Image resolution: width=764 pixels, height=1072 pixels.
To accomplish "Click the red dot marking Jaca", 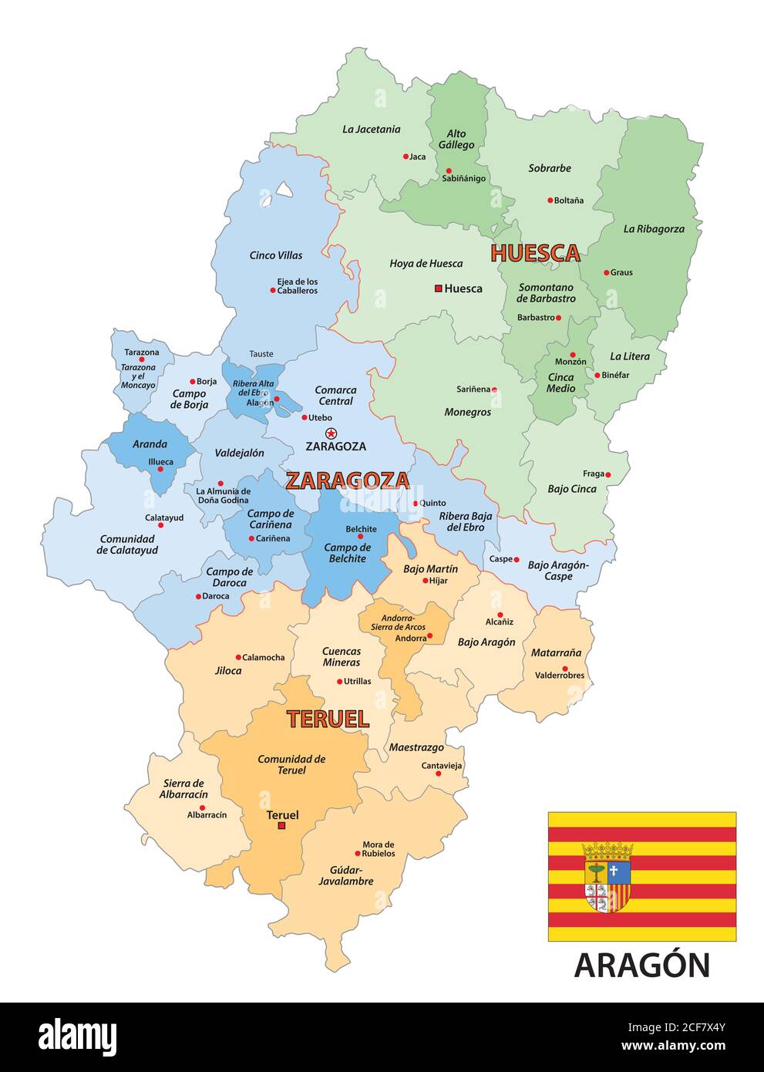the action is click(406, 157).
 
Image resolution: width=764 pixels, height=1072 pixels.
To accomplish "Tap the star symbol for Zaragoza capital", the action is click(332, 433).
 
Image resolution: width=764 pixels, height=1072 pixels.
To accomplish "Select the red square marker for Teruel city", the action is click(281, 826).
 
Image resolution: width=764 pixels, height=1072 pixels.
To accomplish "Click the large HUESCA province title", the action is click(535, 253).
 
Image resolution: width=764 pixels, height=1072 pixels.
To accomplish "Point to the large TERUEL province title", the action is click(328, 719).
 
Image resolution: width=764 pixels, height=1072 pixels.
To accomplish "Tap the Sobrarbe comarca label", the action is click(550, 168).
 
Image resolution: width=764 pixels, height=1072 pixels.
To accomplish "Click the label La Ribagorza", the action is click(654, 228).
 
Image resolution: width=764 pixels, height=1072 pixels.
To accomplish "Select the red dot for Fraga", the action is click(608, 474).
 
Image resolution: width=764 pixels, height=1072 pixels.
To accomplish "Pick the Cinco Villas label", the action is click(276, 255).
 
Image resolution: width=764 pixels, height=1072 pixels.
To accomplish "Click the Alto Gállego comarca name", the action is click(456, 139).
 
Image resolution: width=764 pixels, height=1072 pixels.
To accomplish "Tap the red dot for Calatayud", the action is click(161, 525).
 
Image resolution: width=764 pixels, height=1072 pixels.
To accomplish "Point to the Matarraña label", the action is click(556, 652).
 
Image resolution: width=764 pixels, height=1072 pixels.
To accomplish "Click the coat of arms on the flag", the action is click(608, 878).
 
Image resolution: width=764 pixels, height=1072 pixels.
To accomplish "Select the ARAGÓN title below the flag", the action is click(641, 965).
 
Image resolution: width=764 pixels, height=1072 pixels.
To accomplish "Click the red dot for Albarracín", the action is click(203, 807).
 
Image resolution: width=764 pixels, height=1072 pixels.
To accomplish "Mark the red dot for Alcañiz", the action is click(500, 615).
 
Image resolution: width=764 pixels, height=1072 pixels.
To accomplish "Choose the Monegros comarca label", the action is click(467, 412).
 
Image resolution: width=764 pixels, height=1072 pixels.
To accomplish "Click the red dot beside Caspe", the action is click(517, 559).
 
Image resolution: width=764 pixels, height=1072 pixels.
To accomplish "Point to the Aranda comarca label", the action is click(150, 443).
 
